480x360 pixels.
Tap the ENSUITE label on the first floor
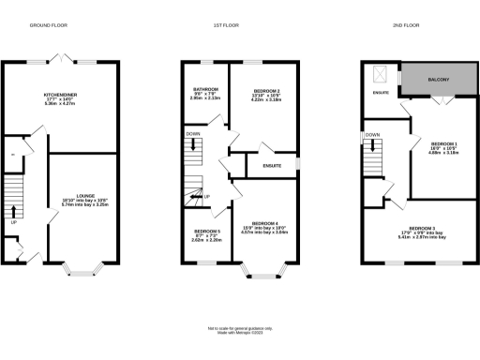(272, 165)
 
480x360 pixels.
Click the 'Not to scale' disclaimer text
(240, 329)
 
